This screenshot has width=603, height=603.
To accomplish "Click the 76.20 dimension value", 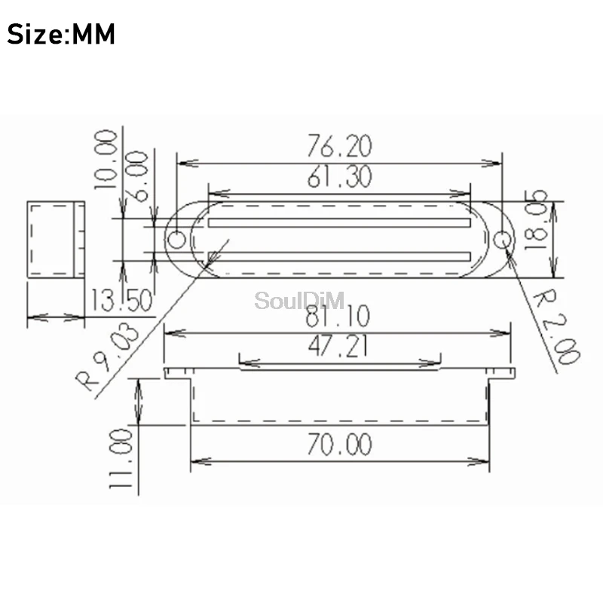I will coord(339,145).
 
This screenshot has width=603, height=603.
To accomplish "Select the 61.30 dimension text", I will coord(339,177).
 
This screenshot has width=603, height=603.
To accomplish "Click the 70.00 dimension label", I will coord(339,444).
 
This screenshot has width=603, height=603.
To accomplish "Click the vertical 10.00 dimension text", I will coord(106,158).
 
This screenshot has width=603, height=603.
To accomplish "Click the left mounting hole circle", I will coord(176,240).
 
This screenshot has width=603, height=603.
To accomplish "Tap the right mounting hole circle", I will coord(504,240).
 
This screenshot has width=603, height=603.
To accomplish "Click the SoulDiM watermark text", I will coord(299,301).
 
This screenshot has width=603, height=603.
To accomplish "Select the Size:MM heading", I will coord(62,35).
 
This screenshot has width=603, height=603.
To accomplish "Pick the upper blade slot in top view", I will coord(339,223).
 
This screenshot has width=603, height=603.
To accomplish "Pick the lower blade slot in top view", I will coord(339,256).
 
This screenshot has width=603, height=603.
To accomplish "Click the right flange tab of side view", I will coord(501,373).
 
